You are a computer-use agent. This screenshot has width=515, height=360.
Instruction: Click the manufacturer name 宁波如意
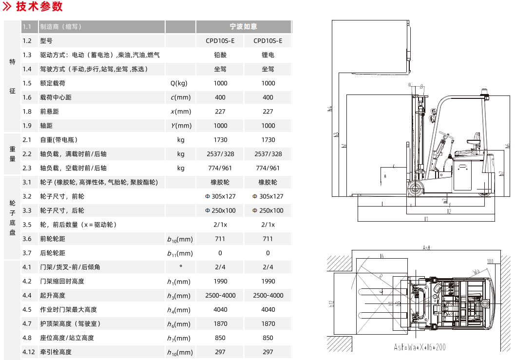[244, 27]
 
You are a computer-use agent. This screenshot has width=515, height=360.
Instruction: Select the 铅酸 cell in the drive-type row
[220, 55]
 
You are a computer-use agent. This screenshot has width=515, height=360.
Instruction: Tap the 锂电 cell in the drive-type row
[268, 55]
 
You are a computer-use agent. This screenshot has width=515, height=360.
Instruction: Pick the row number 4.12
[29, 352]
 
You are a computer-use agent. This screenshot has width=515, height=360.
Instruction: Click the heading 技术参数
[39, 7]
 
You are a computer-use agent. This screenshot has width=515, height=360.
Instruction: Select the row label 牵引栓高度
[56, 352]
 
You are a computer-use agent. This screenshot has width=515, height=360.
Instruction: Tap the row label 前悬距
[49, 112]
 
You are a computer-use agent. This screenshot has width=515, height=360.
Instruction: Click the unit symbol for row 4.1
[181, 266]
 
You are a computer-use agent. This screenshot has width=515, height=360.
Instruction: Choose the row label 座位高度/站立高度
[67, 338]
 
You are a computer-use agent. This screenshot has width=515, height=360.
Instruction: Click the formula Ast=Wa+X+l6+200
[420, 347]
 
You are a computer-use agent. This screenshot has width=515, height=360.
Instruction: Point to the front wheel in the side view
[415, 189]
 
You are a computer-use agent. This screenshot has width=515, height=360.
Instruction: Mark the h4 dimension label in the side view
[329, 109]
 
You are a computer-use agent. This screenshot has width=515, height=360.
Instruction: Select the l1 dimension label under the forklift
[426, 219]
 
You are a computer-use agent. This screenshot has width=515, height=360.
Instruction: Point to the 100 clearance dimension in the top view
[490, 261]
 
